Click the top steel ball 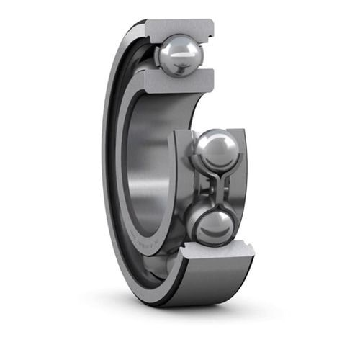[x=180, y=55]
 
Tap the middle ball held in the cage [x=215, y=149]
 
